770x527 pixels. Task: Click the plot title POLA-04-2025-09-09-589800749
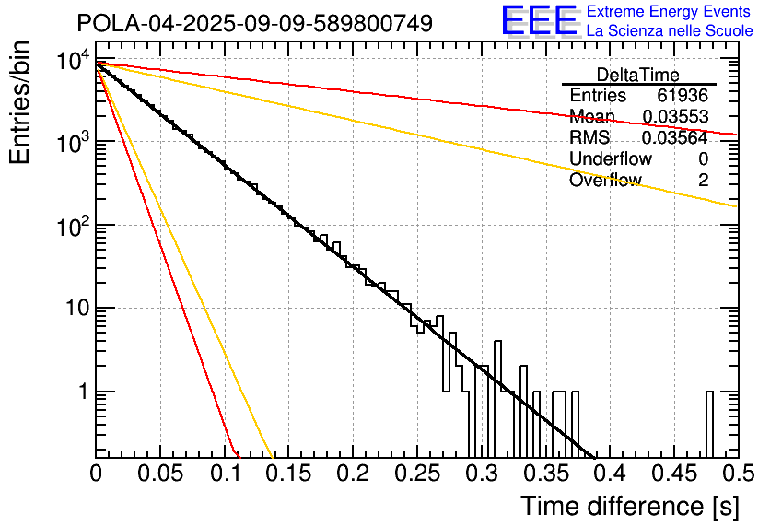(x=254, y=24)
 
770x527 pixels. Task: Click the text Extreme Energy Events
(x=669, y=12)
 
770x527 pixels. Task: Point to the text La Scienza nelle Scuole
(x=670, y=30)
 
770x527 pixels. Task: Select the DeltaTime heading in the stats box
(x=638, y=75)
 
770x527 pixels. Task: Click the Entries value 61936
(x=682, y=96)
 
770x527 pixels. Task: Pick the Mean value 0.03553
(x=675, y=117)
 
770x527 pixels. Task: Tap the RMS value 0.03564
(x=675, y=138)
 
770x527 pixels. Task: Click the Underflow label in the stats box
(x=611, y=159)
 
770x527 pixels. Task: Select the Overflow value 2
(x=703, y=181)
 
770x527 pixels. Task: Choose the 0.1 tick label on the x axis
(x=224, y=474)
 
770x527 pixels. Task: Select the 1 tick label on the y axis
(x=81, y=392)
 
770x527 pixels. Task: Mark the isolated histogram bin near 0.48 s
(x=709, y=423)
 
